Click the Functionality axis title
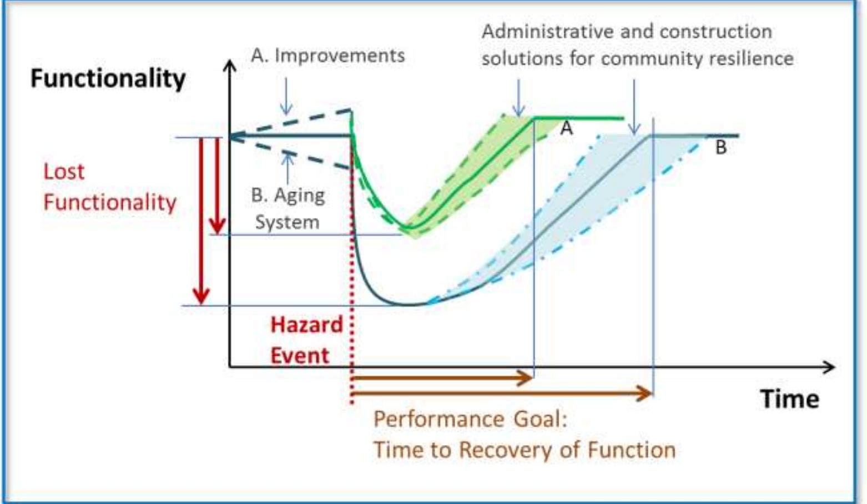(108, 78)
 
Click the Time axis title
(789, 399)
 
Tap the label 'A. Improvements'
(327, 56)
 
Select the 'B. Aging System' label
(287, 208)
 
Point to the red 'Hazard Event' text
(306, 340)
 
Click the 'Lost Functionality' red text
(109, 187)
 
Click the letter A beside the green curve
(566, 128)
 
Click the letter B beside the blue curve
(720, 147)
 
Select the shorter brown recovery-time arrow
(442, 378)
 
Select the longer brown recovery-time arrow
(502, 394)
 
